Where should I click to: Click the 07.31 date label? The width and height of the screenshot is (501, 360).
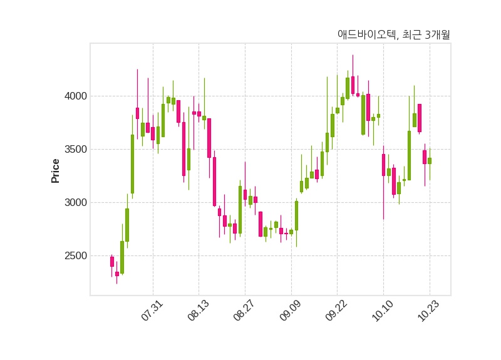pos(152,311)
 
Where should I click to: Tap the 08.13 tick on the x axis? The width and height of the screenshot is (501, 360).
pos(199,311)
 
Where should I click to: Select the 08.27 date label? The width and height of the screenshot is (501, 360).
pos(244,311)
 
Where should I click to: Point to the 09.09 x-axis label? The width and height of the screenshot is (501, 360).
pos(291,311)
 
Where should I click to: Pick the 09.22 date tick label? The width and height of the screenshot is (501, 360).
pos(336,311)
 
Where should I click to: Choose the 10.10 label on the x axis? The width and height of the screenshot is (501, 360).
pos(383,311)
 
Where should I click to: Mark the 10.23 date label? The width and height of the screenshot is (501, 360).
pos(429,311)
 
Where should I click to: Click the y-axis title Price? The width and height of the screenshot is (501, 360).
pos(56,170)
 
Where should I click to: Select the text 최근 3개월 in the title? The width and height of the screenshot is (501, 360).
pos(426,35)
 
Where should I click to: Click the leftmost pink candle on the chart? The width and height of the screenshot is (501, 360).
pos(112,261)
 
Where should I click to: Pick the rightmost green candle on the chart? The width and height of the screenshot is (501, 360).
pos(430,161)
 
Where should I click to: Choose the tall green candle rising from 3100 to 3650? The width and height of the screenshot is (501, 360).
pos(132,164)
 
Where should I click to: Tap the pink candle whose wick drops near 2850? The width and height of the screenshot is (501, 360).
pos(383,165)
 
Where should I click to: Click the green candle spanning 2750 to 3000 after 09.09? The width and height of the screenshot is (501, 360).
pos(296,215)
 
